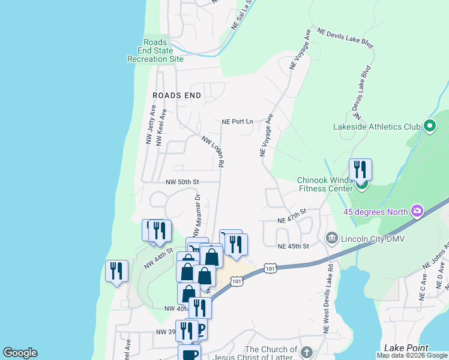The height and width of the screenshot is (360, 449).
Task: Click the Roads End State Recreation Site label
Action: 155,51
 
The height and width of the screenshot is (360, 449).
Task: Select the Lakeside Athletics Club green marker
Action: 429,127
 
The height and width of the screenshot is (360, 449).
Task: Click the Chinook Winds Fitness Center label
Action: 325,184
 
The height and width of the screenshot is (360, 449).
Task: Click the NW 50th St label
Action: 182,182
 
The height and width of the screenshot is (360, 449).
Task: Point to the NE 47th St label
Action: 292,216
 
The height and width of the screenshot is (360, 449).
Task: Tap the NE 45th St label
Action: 293,246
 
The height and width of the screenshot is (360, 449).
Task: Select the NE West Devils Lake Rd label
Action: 328,300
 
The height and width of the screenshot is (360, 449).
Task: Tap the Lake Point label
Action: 406,348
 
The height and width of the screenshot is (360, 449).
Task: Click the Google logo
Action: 20,353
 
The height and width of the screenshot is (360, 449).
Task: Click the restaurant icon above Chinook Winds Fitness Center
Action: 360,170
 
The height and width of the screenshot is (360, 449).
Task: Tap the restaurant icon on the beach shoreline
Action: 116,271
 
